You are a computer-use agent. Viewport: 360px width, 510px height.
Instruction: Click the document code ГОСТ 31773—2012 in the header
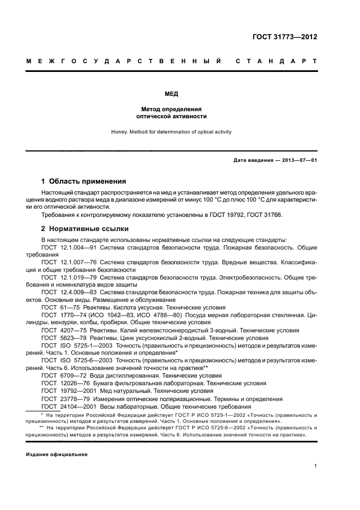pos(285,38)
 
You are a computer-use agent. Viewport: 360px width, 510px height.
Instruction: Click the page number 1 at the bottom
pos(316,465)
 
